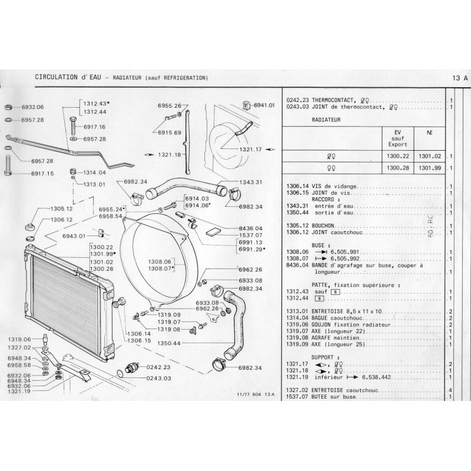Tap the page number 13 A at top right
460,78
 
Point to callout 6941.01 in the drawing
264,105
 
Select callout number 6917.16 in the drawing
94,127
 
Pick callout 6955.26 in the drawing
169,106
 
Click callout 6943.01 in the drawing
74,235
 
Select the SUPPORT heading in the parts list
324,357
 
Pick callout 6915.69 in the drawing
169,132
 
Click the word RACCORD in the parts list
326,198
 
